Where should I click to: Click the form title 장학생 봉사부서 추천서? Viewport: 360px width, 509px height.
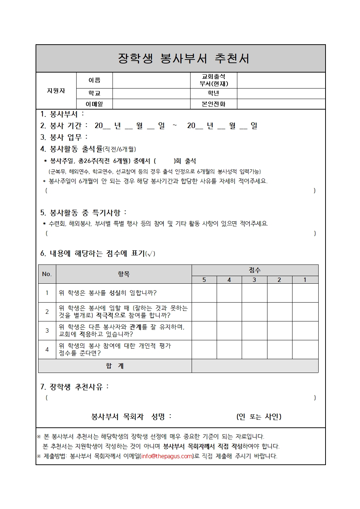coord(183,58)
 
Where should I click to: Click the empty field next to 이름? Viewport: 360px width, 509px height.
coord(151,80)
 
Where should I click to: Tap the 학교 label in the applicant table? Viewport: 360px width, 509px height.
coord(94,93)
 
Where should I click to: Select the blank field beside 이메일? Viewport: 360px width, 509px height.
coord(151,104)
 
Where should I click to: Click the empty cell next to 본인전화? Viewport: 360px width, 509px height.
coord(281,104)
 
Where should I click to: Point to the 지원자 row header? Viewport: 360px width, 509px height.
coord(56,91)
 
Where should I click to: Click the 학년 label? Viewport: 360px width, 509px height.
coord(213,93)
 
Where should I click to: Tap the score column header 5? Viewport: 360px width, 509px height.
coord(204,280)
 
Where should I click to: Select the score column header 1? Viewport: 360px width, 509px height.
coord(305,280)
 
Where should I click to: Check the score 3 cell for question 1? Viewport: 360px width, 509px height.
coord(254,293)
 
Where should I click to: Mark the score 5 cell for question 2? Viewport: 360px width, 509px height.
coord(204,312)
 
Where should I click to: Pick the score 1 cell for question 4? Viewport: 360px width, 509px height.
coord(305,349)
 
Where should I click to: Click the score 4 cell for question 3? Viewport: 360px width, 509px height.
coord(229,331)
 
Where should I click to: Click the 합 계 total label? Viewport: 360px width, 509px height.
coord(115,366)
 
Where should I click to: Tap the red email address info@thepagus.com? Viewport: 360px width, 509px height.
coord(167,456)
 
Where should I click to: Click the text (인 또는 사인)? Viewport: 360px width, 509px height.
coord(259,416)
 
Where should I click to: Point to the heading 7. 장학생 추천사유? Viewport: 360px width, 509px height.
coord(74,387)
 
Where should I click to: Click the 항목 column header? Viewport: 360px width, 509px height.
coord(124,274)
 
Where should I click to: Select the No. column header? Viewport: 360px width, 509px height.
coord(47,274)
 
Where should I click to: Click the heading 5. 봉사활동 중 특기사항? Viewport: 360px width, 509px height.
coord(83,213)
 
